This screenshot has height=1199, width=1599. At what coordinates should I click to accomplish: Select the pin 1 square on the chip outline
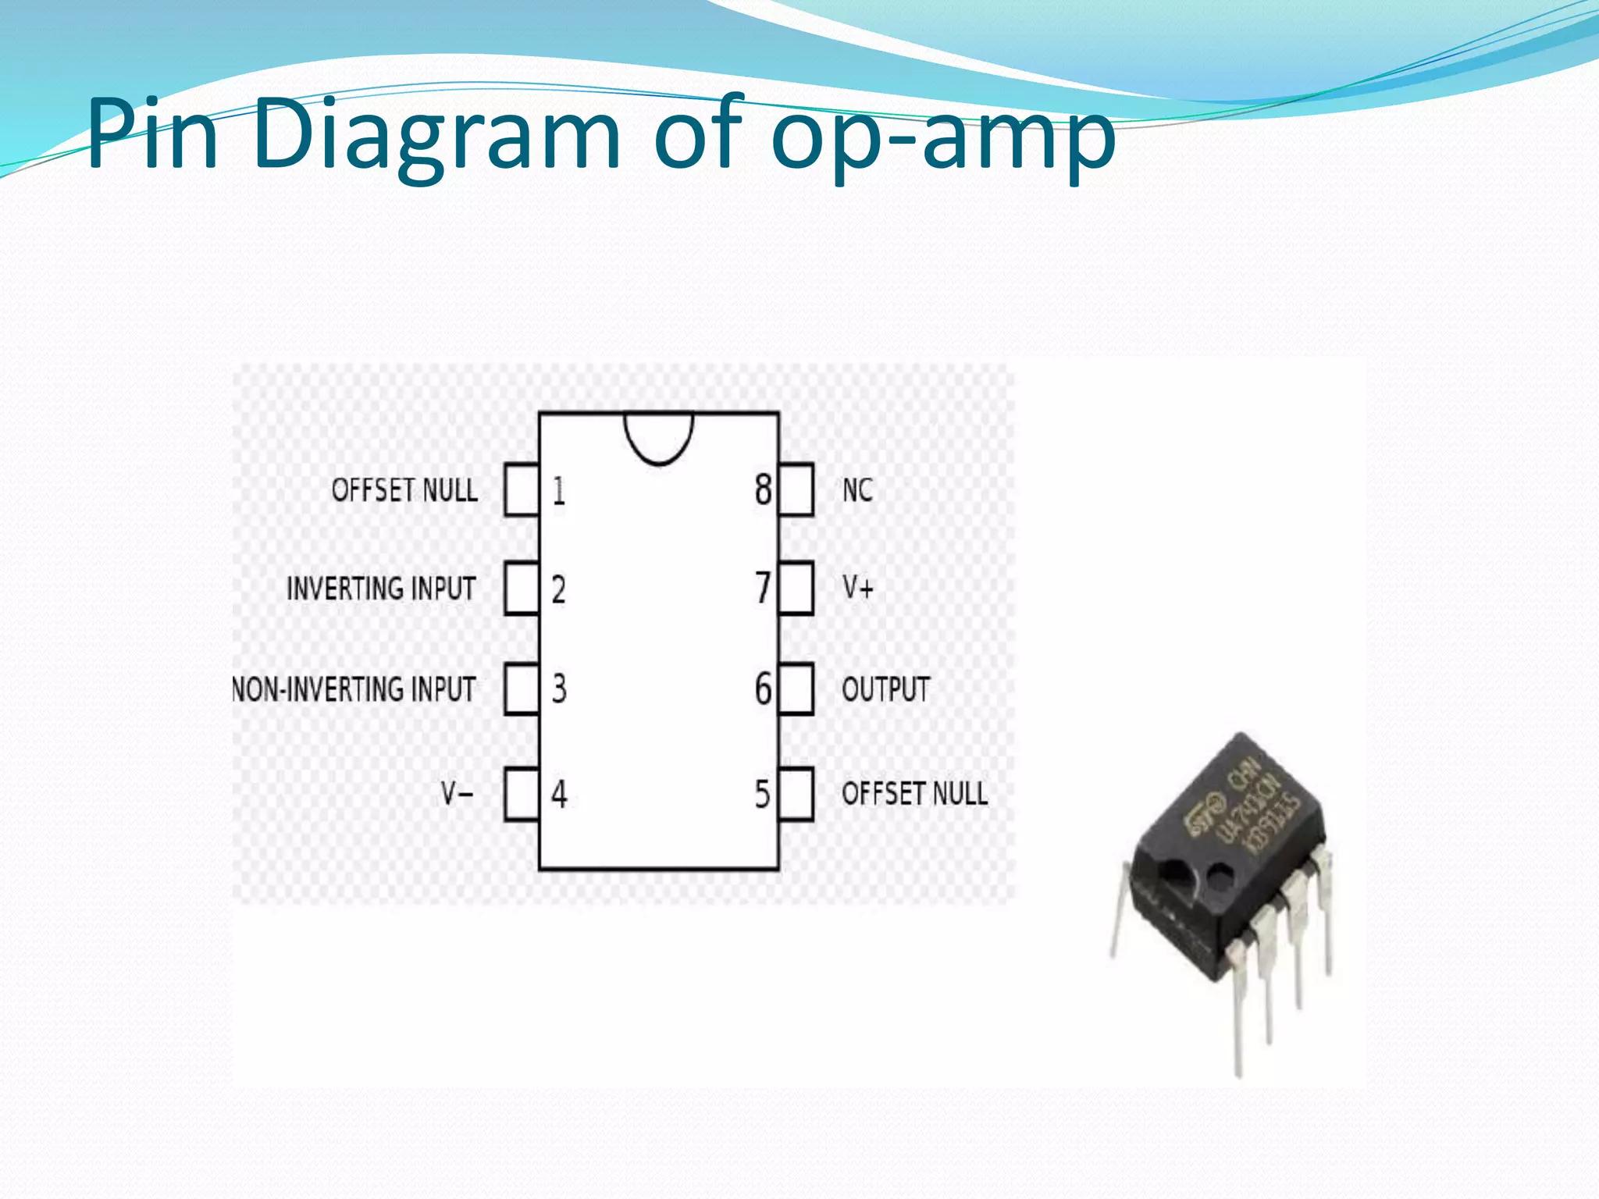[522, 490]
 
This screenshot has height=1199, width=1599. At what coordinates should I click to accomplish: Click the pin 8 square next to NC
[796, 490]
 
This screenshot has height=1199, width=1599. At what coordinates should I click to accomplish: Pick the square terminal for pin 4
[522, 795]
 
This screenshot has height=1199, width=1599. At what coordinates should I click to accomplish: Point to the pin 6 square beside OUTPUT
[796, 689]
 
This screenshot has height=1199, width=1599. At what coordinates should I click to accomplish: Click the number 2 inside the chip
[558, 589]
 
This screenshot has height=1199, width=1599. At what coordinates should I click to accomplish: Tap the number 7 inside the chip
[762, 589]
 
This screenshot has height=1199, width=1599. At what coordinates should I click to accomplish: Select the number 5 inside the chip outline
[762, 795]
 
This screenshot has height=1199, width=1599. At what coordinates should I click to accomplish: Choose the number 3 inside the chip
[559, 689]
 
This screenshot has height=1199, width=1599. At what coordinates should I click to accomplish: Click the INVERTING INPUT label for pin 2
[381, 589]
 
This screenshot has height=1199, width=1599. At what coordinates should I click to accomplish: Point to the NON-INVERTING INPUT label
[354, 689]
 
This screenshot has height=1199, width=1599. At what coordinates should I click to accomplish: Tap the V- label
[457, 795]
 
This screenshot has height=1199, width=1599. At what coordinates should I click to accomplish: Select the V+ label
[857, 587]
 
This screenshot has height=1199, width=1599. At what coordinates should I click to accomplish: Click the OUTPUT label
[885, 689]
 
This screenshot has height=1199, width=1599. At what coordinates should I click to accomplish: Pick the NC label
[857, 490]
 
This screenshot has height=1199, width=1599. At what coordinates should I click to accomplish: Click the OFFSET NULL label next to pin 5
[914, 794]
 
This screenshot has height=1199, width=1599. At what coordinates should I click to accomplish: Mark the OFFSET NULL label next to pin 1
[404, 490]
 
